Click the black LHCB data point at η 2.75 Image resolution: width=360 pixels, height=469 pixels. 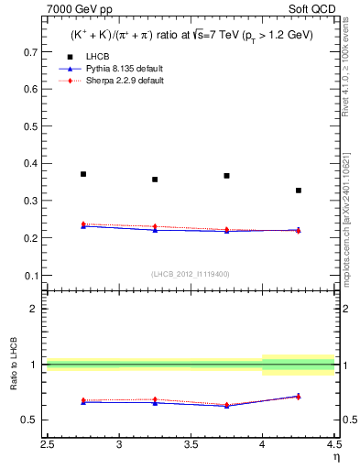click(x=83, y=174)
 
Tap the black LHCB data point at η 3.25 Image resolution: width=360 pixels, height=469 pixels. click(x=155, y=180)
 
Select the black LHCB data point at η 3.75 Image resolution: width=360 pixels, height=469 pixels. click(x=226, y=176)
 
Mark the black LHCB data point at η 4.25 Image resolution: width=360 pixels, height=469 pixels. click(x=298, y=191)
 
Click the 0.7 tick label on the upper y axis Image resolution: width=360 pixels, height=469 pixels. click(x=31, y=52)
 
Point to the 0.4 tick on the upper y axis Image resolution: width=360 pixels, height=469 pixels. click(x=31, y=164)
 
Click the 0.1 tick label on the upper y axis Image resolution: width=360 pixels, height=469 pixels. click(x=31, y=275)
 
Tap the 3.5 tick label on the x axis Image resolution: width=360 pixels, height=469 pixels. click(x=191, y=444)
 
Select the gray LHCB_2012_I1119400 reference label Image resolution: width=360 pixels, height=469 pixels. click(x=191, y=273)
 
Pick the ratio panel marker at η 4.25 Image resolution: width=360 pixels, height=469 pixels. click(x=298, y=396)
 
